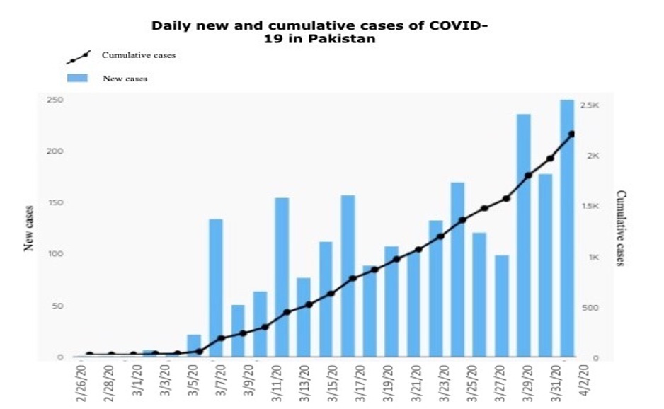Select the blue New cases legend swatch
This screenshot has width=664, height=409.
[77, 78]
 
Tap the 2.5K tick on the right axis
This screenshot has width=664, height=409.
[590, 105]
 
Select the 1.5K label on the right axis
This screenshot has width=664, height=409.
[590, 206]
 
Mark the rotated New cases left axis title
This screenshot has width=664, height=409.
[30, 228]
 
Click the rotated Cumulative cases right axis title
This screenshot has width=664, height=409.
[621, 228]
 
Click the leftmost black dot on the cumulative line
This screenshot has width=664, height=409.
[89, 354]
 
